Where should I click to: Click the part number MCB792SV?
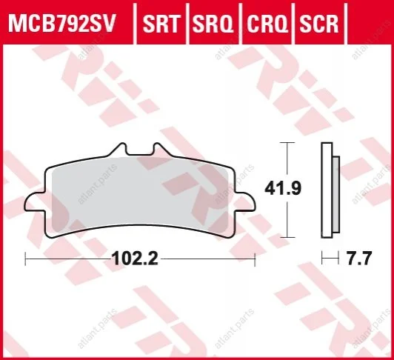[61, 24]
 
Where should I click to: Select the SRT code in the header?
[161, 24]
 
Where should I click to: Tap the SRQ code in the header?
[213, 24]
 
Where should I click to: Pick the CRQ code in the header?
[267, 24]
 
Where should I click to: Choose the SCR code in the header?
[319, 24]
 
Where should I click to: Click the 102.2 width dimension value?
[136, 259]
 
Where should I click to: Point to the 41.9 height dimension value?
[283, 188]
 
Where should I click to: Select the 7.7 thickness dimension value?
[358, 259]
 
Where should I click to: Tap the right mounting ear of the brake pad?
[245, 201]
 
